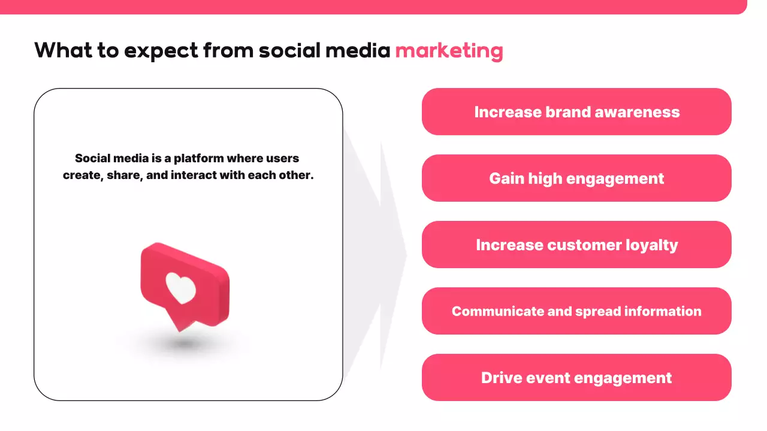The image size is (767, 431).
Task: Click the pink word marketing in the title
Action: point(449,51)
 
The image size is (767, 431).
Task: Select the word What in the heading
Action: point(64,50)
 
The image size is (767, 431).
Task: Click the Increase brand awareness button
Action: point(576,111)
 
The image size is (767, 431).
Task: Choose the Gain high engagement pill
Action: point(576,178)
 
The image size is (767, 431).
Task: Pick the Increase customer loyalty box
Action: point(576,245)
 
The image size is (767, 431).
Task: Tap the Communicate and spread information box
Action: point(576,311)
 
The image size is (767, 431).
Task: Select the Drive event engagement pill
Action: point(576,377)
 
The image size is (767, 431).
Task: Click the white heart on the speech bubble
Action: point(180,288)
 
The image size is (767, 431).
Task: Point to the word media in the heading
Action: point(358,50)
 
